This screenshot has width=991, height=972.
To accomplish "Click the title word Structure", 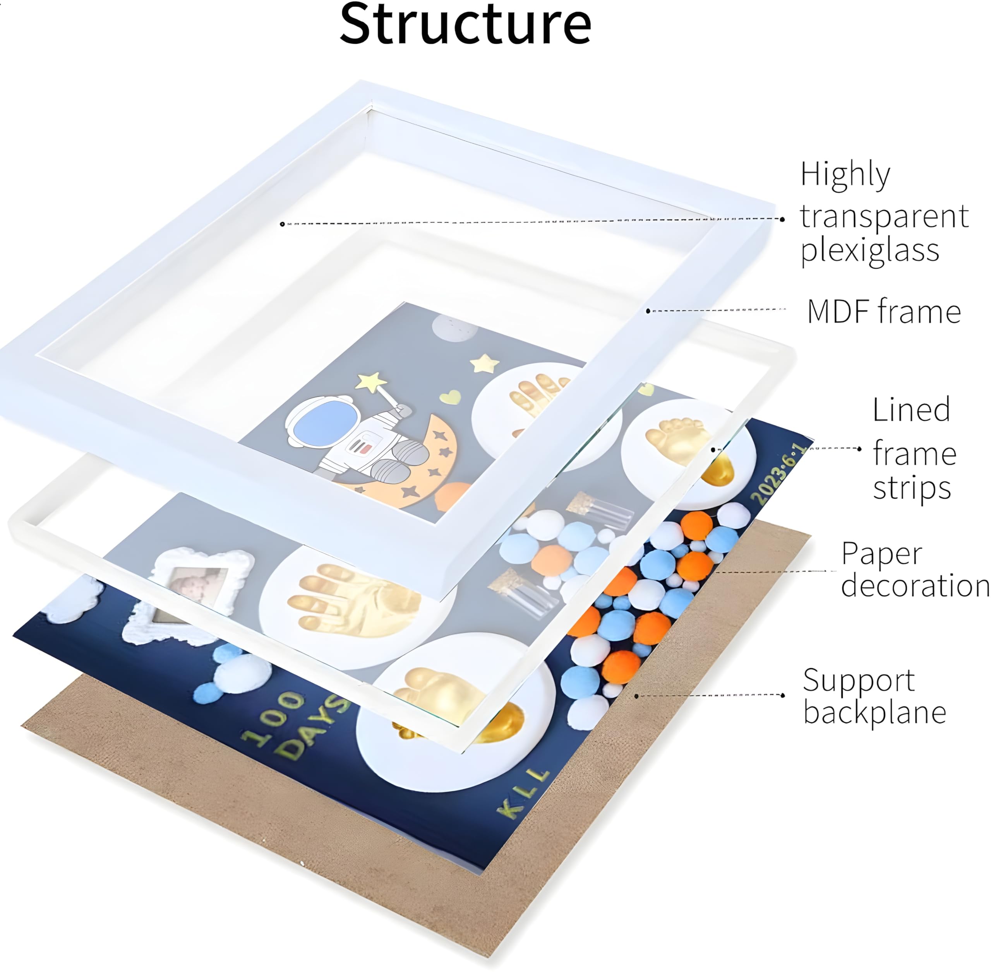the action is [465, 24].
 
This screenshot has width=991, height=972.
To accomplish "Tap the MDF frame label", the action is [884, 311].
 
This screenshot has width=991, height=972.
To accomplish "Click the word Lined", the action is [911, 410].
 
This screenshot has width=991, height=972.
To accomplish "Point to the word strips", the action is [912, 489].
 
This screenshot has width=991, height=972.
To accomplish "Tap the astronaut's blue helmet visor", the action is [326, 423].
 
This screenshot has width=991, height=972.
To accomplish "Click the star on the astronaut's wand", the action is [372, 382].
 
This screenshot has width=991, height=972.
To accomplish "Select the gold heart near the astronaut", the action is [450, 397].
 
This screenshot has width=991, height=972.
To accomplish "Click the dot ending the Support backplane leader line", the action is [783, 695].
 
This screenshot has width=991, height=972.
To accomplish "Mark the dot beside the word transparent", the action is [783, 219].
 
